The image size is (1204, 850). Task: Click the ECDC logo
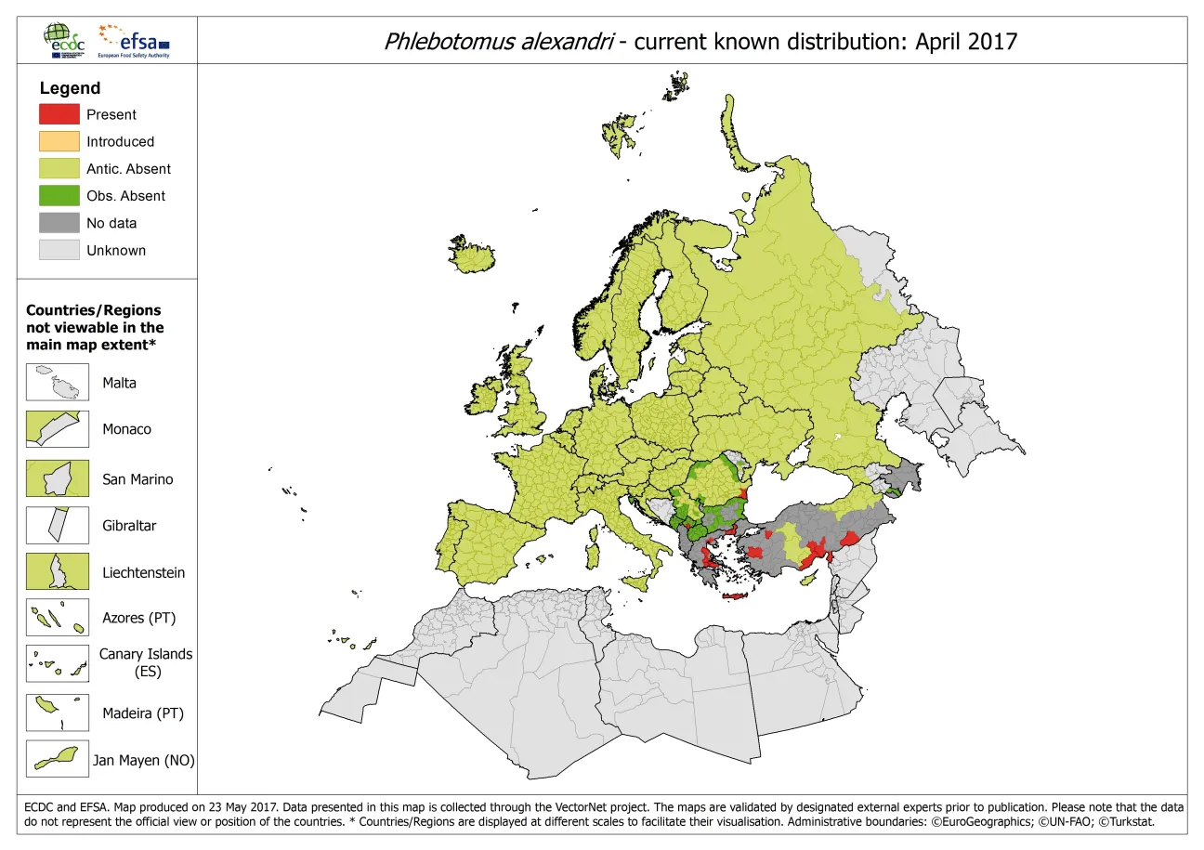[x=62, y=40]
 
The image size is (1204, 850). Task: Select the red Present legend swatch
[x=59, y=114]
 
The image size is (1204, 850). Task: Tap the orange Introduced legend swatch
[x=59, y=141]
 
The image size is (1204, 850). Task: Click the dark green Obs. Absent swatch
[x=59, y=196]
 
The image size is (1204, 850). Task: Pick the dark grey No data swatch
[x=59, y=223]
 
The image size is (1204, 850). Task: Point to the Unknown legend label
[x=116, y=250]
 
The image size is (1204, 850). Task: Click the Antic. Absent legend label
[x=128, y=169]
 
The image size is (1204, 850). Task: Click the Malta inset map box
[x=58, y=383]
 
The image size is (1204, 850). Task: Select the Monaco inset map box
[x=58, y=430]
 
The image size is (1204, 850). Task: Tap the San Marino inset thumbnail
[x=58, y=479]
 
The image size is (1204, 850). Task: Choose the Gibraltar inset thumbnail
[x=58, y=525]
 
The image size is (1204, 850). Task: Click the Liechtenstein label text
[x=143, y=572]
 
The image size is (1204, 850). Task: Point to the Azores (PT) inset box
[x=58, y=618]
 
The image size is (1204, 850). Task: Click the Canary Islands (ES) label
[x=146, y=662]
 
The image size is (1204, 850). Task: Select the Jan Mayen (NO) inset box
[x=58, y=759]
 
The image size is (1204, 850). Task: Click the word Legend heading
[x=70, y=88]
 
